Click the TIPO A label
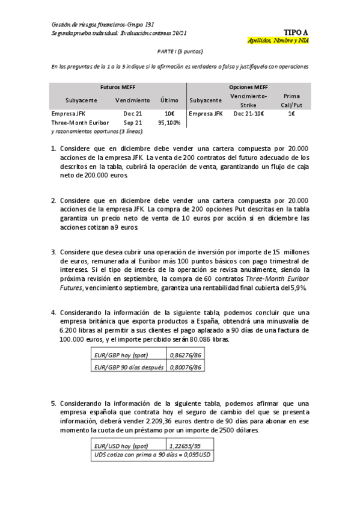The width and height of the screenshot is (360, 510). click(296, 32)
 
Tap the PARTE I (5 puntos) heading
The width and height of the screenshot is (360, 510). click(180, 52)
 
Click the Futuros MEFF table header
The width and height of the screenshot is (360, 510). click(118, 87)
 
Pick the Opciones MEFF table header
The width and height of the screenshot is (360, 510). click(248, 87)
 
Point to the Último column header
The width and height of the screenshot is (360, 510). click(169, 100)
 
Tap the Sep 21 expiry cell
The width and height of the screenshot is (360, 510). click(133, 122)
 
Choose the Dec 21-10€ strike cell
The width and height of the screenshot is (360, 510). click(248, 113)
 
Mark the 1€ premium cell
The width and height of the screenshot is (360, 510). click(291, 113)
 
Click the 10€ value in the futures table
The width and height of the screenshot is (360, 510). click(169, 113)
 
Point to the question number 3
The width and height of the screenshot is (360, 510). click(53, 252)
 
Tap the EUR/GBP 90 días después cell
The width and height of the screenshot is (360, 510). click(129, 366)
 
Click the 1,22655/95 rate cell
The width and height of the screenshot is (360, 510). click(188, 446)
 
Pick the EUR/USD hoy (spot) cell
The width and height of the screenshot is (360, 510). click(121, 446)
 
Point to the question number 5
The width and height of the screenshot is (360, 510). click(53, 403)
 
